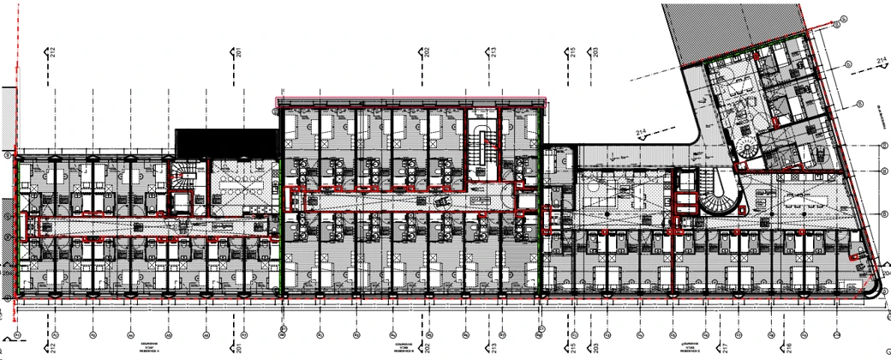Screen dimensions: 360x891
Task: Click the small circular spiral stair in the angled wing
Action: pyautogui.click(x=746, y=145)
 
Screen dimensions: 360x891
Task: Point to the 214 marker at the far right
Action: pyautogui.click(x=882, y=62)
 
